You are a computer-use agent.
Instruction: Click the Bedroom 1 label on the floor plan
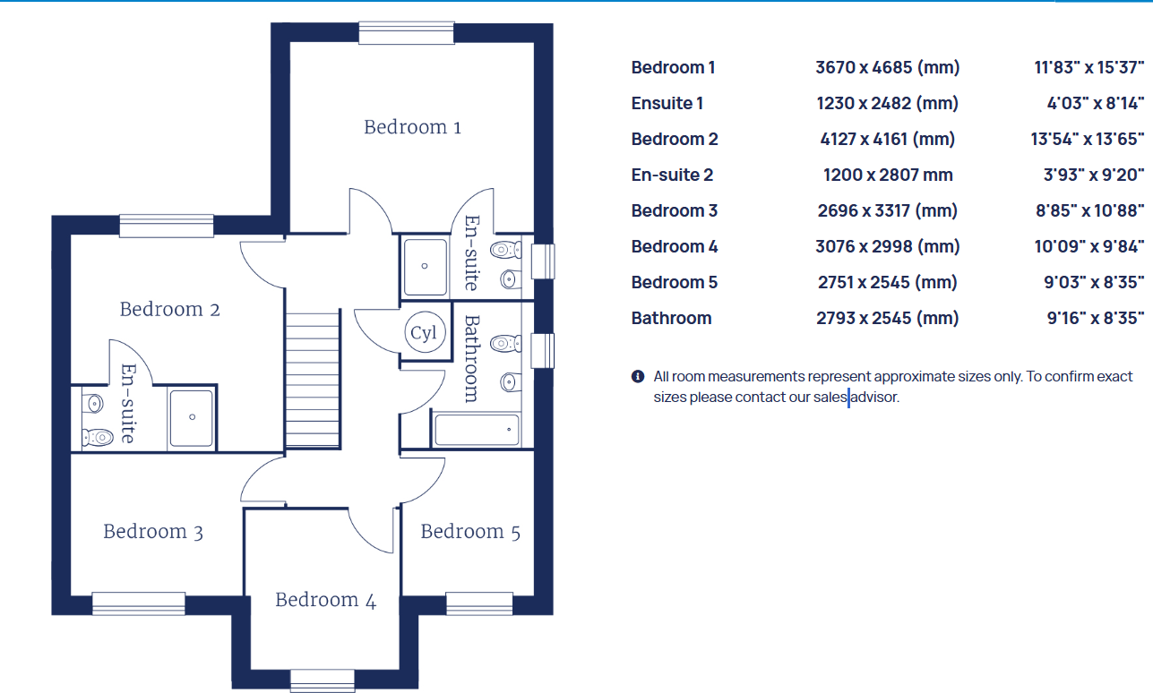412,127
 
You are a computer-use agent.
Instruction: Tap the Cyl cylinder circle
423,333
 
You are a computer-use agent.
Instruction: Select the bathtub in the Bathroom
476,429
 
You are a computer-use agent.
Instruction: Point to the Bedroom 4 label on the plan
325,600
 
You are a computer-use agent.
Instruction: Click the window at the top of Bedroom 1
406,32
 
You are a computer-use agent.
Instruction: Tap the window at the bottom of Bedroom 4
323,680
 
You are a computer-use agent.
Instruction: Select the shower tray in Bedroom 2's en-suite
191,417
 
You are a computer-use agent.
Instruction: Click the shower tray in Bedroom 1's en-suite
425,266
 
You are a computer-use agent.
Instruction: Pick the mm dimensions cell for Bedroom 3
887,210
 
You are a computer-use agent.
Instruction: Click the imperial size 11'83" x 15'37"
1088,67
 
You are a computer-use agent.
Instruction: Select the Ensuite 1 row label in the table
667,103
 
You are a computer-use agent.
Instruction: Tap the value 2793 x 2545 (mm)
887,318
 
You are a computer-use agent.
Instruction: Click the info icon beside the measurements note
638,376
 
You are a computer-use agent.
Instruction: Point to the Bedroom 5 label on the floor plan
469,532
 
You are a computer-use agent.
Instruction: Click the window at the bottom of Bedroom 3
138,603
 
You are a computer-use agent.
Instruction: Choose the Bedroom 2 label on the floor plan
169,310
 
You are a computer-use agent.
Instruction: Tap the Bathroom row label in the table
671,318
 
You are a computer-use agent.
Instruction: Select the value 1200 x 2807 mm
887,175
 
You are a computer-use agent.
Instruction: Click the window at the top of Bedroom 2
166,226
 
